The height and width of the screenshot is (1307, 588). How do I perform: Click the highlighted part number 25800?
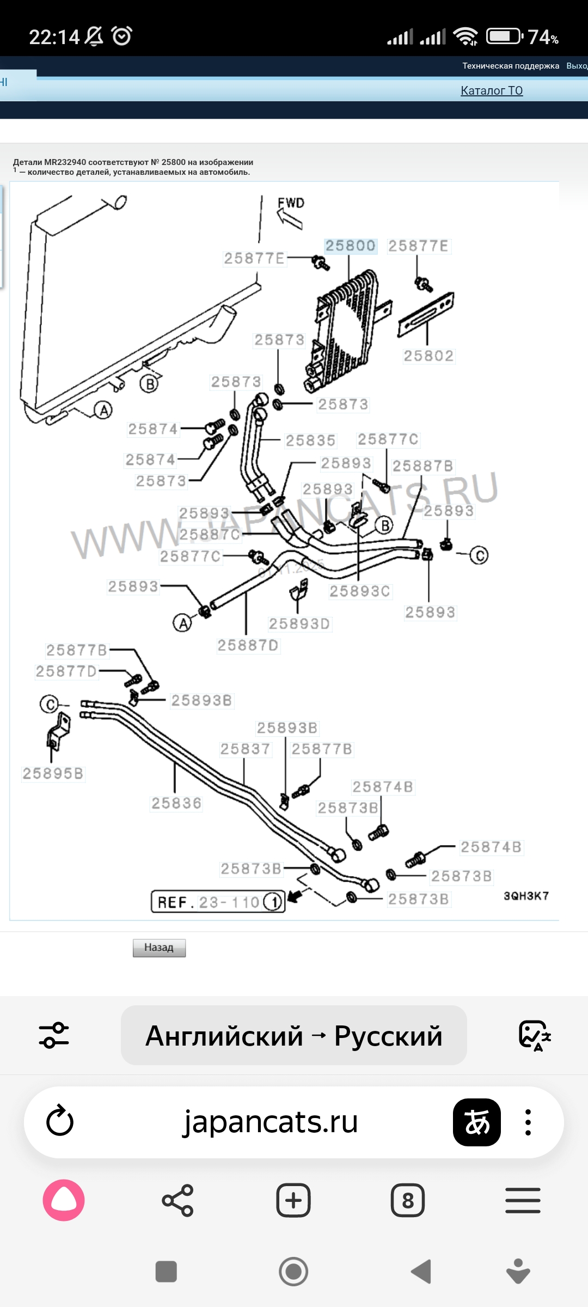click(350, 246)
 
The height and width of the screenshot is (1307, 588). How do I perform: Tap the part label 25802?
click(428, 356)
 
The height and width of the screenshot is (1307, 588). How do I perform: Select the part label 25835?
click(310, 441)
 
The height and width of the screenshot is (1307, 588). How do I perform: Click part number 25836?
click(176, 803)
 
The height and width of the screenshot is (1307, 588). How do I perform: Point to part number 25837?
click(245, 749)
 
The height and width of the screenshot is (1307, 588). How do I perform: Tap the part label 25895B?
click(53, 774)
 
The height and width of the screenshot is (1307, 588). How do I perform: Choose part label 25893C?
click(360, 591)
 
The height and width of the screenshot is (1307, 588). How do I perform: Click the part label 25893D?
click(299, 624)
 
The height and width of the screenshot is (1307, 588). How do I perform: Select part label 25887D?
click(248, 646)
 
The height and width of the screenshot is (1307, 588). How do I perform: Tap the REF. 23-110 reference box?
click(218, 902)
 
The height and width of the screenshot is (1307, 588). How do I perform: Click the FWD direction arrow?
click(290, 217)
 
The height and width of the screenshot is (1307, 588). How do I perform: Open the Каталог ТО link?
click(492, 90)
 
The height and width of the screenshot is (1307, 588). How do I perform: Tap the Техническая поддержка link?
click(511, 66)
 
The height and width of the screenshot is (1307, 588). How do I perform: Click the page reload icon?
click(60, 1122)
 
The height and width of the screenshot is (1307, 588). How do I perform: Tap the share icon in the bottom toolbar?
click(177, 1200)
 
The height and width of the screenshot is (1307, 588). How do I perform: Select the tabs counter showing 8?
click(408, 1200)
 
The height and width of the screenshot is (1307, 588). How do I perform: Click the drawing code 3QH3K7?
click(526, 896)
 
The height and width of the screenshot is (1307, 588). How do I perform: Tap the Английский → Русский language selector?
click(294, 1035)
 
